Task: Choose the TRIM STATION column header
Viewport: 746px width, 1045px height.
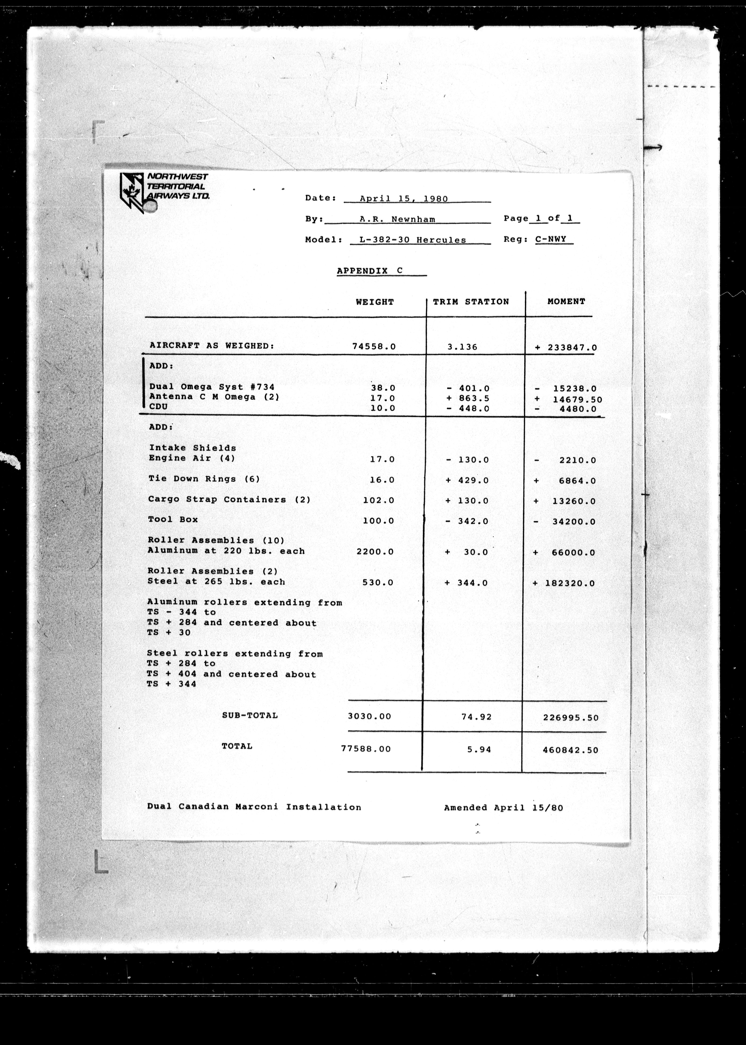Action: tap(471, 302)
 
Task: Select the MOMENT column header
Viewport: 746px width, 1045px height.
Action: tap(566, 301)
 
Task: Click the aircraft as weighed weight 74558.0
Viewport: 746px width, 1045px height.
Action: tap(373, 346)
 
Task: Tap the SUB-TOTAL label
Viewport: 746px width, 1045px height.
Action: tap(250, 715)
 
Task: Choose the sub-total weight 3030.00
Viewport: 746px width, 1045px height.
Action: tap(369, 716)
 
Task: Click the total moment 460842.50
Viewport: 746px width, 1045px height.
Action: tap(570, 750)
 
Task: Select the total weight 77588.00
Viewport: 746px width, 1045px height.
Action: tap(366, 749)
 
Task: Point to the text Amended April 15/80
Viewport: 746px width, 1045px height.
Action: tap(503, 808)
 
